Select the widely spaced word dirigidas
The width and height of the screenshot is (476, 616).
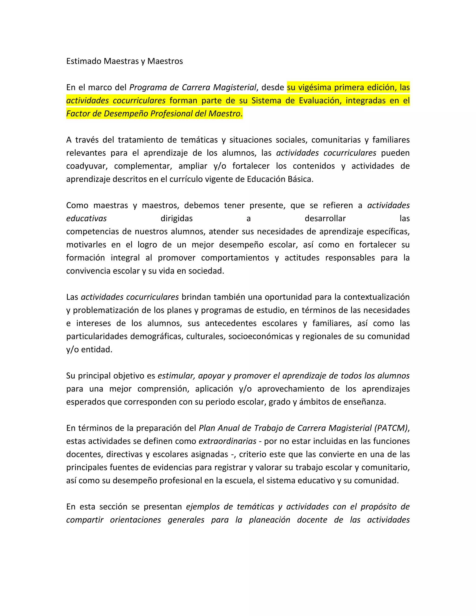[177, 219]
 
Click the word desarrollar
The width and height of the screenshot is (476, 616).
[325, 219]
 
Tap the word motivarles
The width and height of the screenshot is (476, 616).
[86, 245]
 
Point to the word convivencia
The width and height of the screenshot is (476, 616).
[88, 271]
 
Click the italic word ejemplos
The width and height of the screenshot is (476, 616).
[202, 507]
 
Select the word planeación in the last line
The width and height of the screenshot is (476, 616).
[269, 520]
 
